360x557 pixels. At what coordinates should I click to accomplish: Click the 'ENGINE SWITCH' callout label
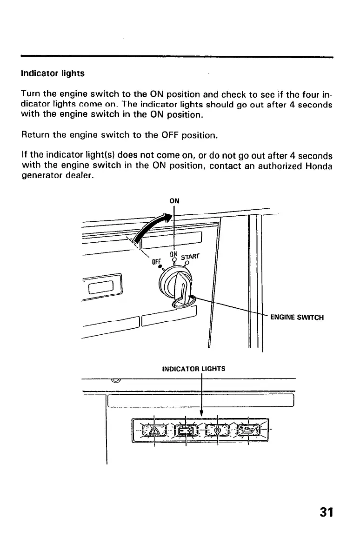point(297,318)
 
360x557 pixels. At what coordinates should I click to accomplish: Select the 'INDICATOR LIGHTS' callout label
point(193,369)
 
